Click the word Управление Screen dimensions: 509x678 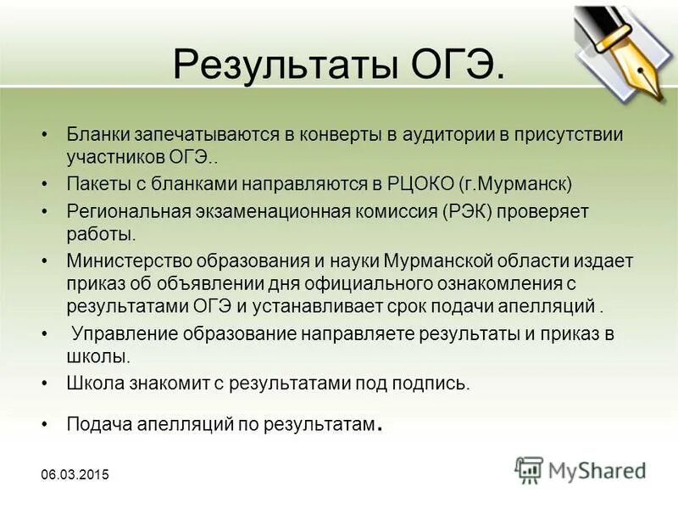point(120,333)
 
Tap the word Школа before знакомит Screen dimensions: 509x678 point(92,383)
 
